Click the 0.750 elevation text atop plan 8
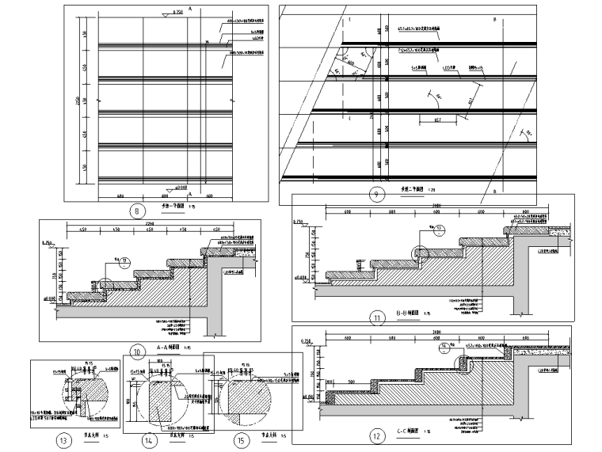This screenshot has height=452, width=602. [x=177, y=13]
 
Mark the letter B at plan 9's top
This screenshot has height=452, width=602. [x=494, y=17]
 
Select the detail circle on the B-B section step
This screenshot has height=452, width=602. [x=418, y=253]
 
